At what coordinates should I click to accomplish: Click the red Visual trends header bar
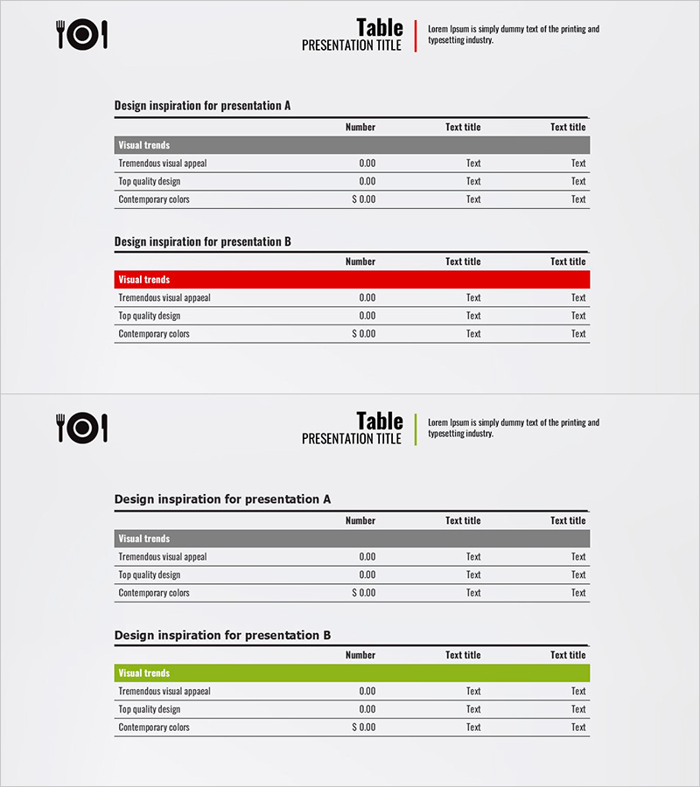coord(352,280)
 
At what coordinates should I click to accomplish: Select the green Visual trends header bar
coord(352,673)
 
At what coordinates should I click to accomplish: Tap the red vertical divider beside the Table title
coord(416,36)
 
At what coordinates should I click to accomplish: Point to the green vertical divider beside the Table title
coord(416,429)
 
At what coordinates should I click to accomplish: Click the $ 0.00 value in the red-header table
coord(364,334)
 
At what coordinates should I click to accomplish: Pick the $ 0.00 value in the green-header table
coord(364,728)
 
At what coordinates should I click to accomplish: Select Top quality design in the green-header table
coord(150,709)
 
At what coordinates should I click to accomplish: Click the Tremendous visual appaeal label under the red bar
coord(164,298)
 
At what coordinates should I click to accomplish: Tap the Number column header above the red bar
coord(360,261)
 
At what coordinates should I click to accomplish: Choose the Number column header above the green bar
coord(360,655)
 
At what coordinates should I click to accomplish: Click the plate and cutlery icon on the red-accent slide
coord(82,35)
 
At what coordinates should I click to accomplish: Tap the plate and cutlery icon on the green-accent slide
coord(82,428)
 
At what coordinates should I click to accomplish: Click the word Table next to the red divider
coord(380,27)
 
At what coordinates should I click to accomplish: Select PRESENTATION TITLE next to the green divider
coord(352,439)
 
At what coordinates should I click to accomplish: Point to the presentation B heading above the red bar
coord(203,242)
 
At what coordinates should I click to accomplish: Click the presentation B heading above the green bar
coord(223,636)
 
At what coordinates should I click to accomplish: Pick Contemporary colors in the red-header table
coord(154,334)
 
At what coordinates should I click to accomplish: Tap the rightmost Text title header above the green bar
coord(568,655)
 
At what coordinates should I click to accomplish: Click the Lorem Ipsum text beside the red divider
coord(514,34)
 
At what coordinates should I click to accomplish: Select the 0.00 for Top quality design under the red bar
coord(367,316)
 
